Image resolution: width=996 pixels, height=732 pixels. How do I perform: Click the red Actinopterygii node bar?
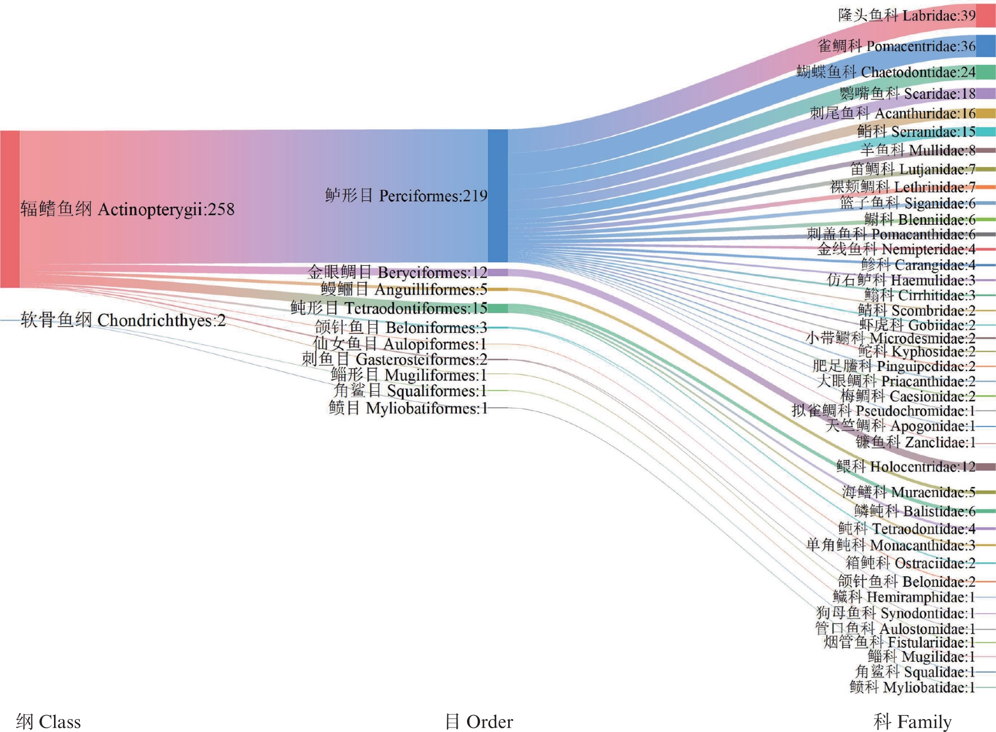(x=10, y=209)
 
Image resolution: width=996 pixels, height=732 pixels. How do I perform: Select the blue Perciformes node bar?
(x=497, y=196)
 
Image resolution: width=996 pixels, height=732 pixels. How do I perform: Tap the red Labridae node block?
(x=985, y=15)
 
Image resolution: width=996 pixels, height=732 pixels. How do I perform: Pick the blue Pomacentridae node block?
(x=985, y=46)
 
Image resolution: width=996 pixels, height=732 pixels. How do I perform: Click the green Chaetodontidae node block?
(x=985, y=72)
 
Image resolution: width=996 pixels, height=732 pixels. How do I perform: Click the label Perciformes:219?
(x=406, y=196)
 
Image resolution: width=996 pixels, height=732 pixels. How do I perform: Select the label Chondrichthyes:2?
(x=123, y=320)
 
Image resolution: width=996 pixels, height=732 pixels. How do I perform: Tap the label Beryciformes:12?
(x=397, y=273)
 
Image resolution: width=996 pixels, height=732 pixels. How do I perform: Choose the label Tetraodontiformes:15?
(x=388, y=308)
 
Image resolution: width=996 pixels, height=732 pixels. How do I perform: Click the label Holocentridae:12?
(x=906, y=467)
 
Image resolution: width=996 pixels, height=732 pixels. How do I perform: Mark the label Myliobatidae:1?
(x=912, y=687)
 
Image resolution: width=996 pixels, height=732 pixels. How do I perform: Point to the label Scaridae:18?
(x=907, y=93)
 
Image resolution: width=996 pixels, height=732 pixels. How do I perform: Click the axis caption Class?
(x=48, y=721)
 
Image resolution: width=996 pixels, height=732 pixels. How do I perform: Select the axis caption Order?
(x=479, y=721)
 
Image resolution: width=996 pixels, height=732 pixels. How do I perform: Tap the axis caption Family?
(x=912, y=721)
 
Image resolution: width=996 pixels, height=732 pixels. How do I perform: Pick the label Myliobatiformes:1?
(x=408, y=408)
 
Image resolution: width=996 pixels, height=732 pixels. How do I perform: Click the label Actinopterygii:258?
(x=128, y=209)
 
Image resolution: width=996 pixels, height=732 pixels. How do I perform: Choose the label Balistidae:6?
(x=914, y=511)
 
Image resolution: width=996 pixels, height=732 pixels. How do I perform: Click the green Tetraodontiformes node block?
(x=497, y=308)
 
